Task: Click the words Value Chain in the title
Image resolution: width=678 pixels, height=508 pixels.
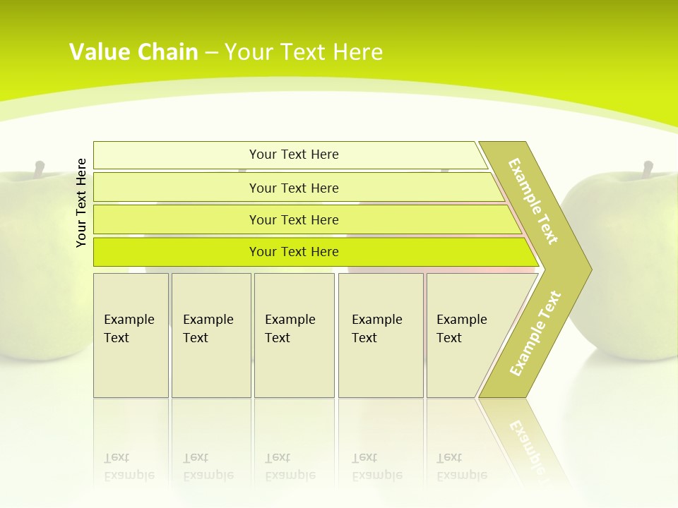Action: click(x=133, y=52)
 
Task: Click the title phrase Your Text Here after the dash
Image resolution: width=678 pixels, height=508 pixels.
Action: click(x=304, y=52)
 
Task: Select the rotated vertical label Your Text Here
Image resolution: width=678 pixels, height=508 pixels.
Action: click(x=81, y=202)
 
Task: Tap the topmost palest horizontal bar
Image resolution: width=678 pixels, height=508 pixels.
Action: click(x=294, y=155)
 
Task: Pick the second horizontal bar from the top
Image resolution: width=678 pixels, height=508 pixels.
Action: click(x=294, y=188)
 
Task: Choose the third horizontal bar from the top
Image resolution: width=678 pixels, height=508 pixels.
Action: click(x=294, y=219)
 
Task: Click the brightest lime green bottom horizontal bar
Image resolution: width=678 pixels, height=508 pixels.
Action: click(x=294, y=252)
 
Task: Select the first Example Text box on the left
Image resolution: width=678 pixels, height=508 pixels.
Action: click(x=131, y=335)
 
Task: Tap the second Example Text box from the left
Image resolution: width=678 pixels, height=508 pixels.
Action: click(x=211, y=335)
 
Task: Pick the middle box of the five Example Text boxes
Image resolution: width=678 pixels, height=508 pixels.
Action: click(x=294, y=335)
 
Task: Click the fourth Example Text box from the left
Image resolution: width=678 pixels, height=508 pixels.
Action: click(x=381, y=335)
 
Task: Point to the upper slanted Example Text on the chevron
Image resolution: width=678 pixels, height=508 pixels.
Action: click(x=533, y=201)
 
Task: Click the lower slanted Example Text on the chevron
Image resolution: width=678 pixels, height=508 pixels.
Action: click(x=535, y=333)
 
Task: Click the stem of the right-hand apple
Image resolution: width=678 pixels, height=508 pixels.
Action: click(x=648, y=169)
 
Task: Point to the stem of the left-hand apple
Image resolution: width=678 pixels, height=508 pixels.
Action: click(x=40, y=169)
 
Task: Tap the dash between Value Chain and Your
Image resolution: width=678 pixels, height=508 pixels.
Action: click(x=211, y=53)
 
